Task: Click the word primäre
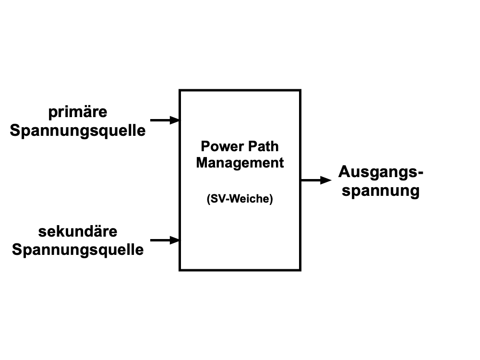point(78,112)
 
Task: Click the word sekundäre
point(78,231)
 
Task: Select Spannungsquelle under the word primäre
point(78,131)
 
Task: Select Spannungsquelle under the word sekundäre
point(78,250)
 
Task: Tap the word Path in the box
point(263,146)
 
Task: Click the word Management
point(240,163)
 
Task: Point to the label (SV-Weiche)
point(240,199)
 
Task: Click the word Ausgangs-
point(381,172)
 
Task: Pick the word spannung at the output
point(381,191)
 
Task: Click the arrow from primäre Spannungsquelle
point(165,120)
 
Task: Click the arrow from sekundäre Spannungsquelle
point(165,240)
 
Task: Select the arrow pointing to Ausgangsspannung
point(316,180)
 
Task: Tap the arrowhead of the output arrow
point(326,180)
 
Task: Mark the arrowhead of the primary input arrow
point(175,120)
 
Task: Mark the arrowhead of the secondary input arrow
point(175,240)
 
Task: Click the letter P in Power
point(205,146)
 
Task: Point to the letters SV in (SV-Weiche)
point(218,199)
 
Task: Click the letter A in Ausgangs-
point(344,171)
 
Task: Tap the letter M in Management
point(202,163)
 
